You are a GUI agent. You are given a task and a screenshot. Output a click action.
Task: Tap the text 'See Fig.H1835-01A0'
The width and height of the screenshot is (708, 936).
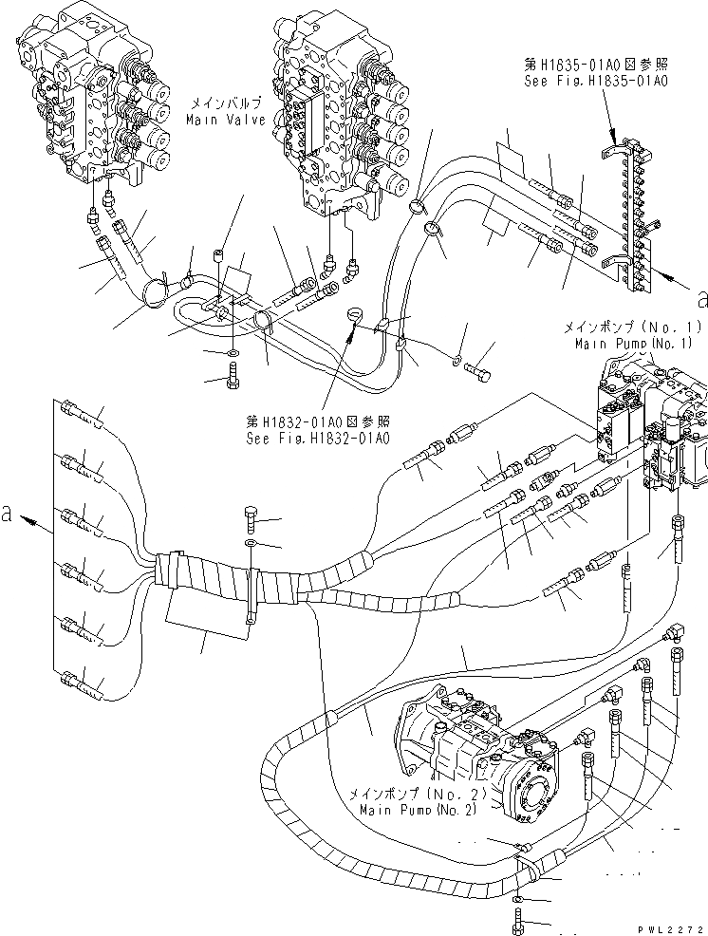click(x=597, y=82)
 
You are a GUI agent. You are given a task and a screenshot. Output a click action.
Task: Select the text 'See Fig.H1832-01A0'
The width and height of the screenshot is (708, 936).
click(x=316, y=438)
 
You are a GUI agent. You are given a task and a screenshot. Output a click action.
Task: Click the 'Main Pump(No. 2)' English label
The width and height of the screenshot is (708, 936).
click(x=418, y=810)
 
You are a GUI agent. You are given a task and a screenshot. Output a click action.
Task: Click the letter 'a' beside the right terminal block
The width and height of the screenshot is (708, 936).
click(x=700, y=300)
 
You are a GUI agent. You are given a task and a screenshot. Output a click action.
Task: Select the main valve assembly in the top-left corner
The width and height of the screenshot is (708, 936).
click(x=90, y=95)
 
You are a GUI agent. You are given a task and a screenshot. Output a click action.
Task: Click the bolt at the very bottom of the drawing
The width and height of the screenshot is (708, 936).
click(x=516, y=918)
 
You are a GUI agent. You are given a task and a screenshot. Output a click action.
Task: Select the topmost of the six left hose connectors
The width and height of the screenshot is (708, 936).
click(x=81, y=411)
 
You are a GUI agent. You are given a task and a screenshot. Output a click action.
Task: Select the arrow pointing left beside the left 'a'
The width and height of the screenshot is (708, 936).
click(x=37, y=521)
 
